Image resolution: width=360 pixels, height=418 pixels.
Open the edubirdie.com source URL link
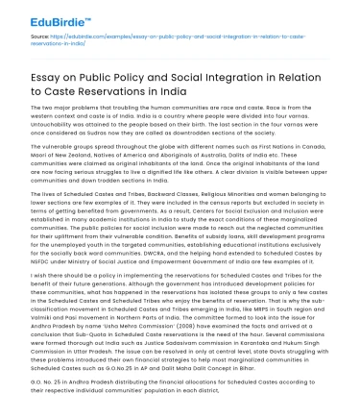[144, 41]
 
